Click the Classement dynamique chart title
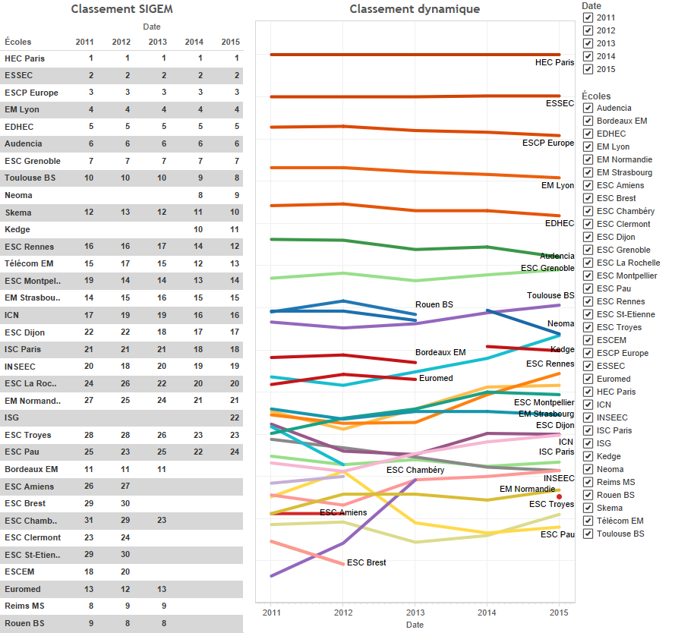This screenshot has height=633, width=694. click(415, 9)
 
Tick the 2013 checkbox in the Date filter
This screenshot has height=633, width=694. click(588, 43)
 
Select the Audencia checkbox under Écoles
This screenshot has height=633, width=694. click(588, 108)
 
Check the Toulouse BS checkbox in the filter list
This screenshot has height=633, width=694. click(588, 534)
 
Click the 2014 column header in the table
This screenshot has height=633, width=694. click(194, 42)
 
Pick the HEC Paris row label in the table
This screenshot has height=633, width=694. click(24, 58)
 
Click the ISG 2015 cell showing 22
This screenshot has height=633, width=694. click(235, 417)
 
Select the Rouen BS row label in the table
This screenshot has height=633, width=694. click(24, 623)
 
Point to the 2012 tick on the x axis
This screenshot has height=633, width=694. click(343, 612)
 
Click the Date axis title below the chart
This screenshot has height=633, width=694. click(415, 625)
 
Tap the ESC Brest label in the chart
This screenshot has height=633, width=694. click(366, 562)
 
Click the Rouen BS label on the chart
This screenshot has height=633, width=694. click(434, 304)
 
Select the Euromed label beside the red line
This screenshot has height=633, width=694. click(435, 378)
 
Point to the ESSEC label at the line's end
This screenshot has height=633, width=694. click(560, 103)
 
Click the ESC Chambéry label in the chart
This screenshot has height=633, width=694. click(415, 471)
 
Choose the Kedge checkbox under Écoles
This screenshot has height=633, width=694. click(588, 456)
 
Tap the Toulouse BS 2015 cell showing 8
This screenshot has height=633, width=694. click(236, 178)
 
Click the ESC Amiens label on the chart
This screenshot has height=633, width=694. click(343, 512)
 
